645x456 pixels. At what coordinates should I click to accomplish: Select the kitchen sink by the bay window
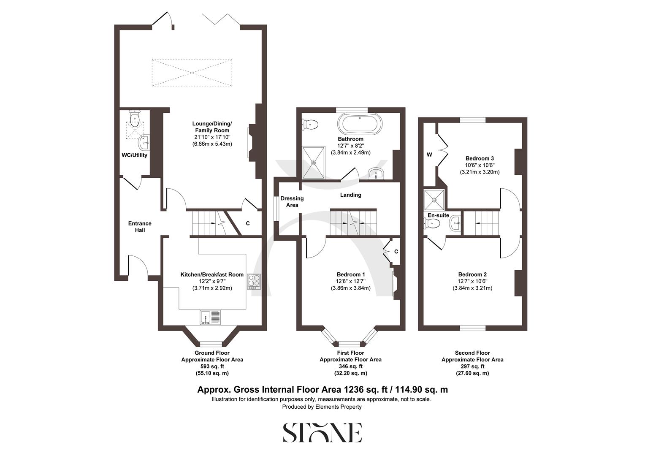click(210, 317)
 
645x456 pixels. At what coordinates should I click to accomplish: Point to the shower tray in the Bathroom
click(314, 162)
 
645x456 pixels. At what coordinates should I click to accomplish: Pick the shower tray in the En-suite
click(434, 199)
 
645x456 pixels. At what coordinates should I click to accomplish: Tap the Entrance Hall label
click(140, 227)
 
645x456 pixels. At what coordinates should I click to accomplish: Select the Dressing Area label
click(292, 201)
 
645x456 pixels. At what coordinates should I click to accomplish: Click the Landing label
click(351, 195)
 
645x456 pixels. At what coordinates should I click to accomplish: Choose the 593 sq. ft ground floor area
click(212, 366)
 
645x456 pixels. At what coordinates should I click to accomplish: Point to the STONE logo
click(322, 432)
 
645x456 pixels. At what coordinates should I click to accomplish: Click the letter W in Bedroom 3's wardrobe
click(429, 155)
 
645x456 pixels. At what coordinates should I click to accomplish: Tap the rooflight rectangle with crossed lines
click(192, 73)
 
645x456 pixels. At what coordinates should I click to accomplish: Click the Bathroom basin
click(375, 173)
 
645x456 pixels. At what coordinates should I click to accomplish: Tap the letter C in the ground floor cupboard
click(248, 223)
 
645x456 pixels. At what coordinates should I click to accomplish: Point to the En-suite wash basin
click(455, 223)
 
